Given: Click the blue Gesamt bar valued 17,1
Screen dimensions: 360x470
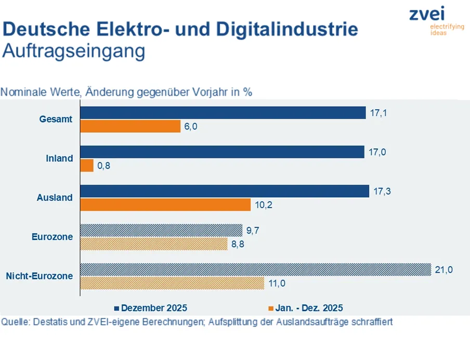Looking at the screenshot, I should coord(223,113).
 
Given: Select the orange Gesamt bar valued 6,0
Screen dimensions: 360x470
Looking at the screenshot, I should coord(130,126).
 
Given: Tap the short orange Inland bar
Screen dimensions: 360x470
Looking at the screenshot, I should coord(87,165).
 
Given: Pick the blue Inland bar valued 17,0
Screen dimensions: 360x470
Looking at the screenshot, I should coord(222,152).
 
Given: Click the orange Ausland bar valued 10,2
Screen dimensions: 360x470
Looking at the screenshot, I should coord(166,205).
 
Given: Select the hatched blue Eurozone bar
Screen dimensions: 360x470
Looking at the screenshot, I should coord(161,230).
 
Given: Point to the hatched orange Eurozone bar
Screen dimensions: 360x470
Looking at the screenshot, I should coord(154,243).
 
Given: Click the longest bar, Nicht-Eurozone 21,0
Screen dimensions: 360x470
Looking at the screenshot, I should coord(256,269).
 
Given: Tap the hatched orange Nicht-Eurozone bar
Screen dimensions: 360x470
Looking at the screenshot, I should coord(172,283).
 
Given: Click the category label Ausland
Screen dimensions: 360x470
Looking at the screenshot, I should coord(55,198).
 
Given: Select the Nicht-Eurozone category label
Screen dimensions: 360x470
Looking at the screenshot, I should coord(40,276).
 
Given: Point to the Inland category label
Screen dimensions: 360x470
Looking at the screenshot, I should coord(59,159).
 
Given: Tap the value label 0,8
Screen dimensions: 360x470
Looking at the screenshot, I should coord(105,166).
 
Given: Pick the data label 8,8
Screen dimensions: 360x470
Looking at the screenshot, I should coord(238,244).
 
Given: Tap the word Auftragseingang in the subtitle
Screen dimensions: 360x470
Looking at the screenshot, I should coord(73,52).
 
